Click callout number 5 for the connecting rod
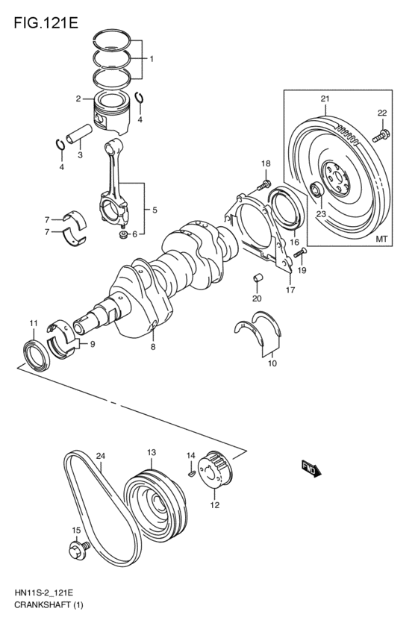(x=155, y=210)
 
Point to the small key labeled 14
(x=191, y=470)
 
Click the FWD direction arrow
(x=311, y=467)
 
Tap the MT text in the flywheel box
(x=381, y=240)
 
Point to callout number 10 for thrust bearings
(x=272, y=364)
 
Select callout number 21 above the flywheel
(x=325, y=98)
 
